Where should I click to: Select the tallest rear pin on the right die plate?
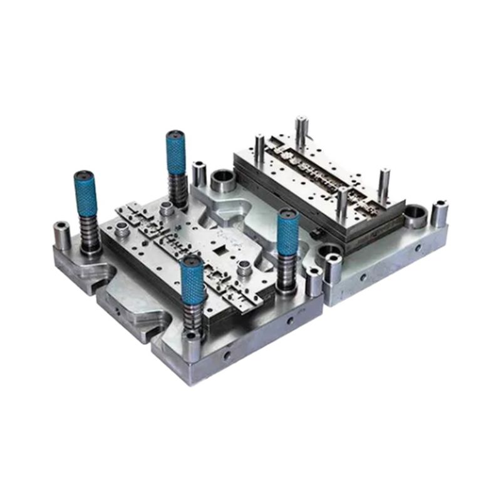tap(301, 131)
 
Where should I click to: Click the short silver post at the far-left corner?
tap(61, 234)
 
